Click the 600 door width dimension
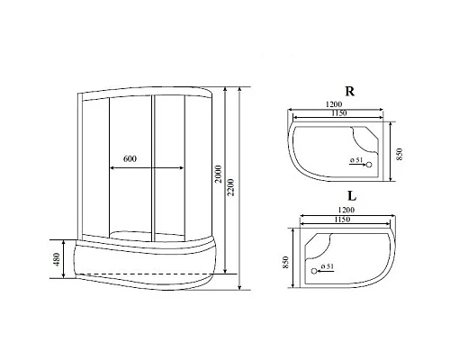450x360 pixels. [130, 159]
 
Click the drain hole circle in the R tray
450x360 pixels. [368, 164]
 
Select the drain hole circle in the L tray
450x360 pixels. [313, 269]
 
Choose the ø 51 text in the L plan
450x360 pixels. [328, 268]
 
